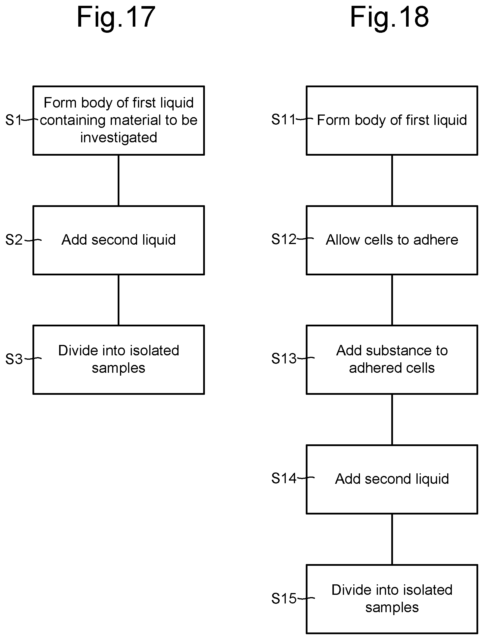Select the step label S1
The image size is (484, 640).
point(13,120)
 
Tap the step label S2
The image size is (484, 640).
point(14,240)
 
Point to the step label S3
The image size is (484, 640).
point(14,359)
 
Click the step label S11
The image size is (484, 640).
point(283,119)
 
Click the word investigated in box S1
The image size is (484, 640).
point(119,138)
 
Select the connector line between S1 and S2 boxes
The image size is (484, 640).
point(119,180)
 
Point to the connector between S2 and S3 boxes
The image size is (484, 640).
point(119,300)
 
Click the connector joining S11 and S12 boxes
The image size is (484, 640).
point(392,180)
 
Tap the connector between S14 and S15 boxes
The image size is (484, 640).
point(392,539)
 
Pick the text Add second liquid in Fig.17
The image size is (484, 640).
point(119,240)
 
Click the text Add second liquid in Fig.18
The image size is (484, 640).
point(392,479)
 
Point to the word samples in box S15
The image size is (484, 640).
point(392,608)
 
